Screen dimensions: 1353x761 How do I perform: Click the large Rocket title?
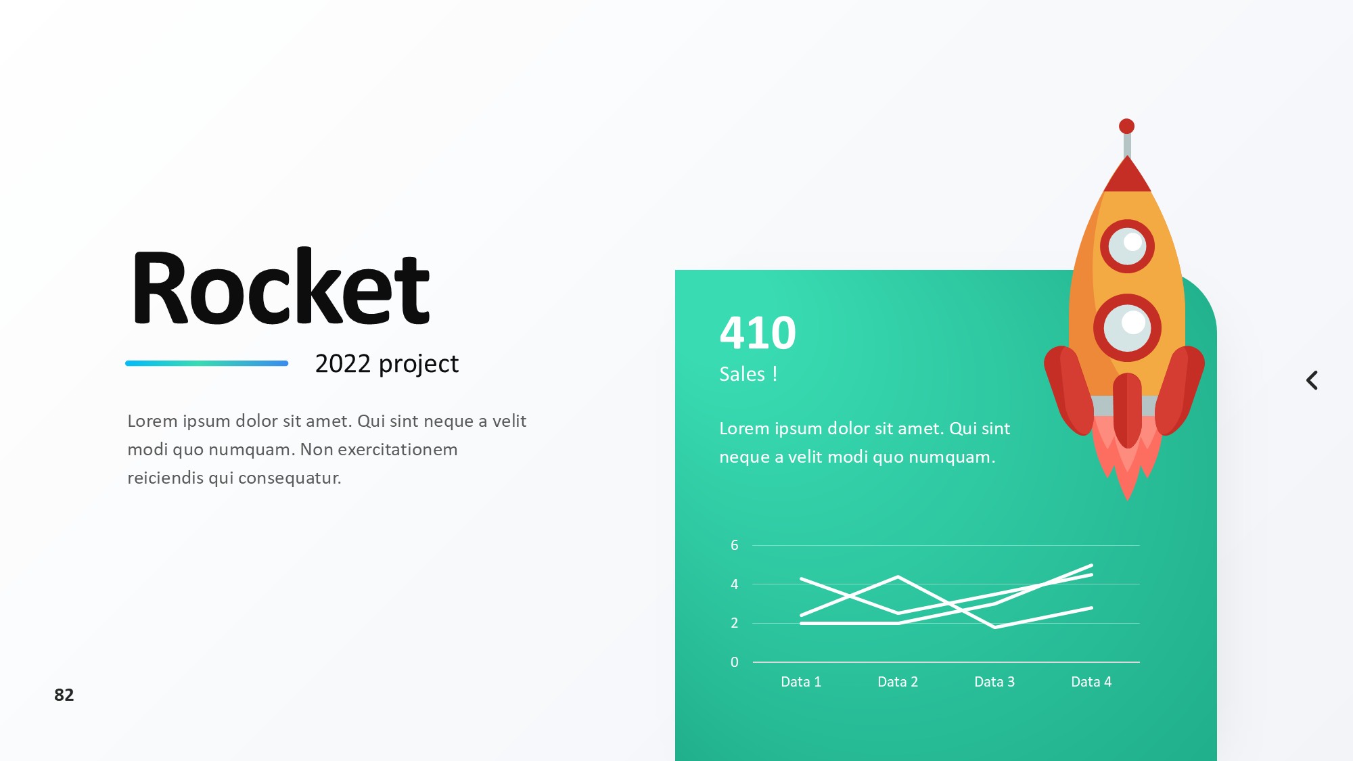click(x=281, y=287)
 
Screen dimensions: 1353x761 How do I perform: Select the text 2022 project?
click(x=387, y=365)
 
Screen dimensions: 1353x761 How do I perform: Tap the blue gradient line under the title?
click(x=207, y=363)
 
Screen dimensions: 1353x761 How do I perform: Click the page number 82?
click(x=64, y=695)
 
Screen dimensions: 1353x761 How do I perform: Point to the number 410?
click(x=758, y=333)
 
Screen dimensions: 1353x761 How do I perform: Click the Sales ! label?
click(x=748, y=374)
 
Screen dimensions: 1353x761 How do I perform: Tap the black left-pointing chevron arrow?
click(x=1312, y=380)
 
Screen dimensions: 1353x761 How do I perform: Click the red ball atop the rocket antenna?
click(x=1126, y=126)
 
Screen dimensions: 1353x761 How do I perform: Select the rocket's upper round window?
click(x=1127, y=246)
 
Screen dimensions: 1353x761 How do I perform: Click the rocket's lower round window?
click(x=1127, y=328)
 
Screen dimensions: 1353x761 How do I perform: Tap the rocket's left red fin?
click(x=1069, y=390)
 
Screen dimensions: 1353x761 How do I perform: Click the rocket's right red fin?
click(x=1180, y=390)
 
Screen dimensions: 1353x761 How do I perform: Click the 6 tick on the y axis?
click(x=735, y=545)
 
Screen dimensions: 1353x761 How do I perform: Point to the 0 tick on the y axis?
click(x=735, y=662)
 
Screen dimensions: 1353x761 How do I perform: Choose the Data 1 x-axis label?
click(x=801, y=682)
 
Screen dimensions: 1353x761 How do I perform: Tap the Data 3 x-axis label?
click(x=994, y=682)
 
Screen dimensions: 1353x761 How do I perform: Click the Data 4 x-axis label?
click(x=1091, y=682)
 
